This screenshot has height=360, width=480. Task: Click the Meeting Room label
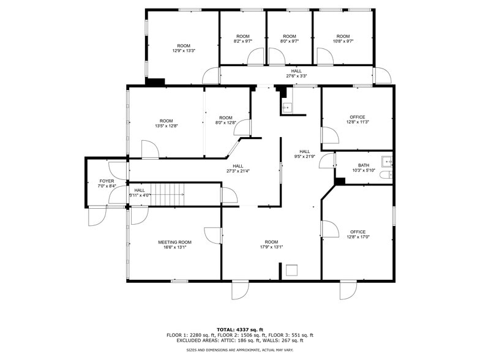point(174,242)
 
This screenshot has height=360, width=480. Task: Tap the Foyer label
point(107,181)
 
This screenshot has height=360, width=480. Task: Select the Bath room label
point(364,165)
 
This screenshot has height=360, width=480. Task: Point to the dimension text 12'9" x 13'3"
point(184,51)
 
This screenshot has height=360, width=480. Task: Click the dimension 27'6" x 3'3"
point(296,76)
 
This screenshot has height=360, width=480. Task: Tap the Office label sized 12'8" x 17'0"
point(358,232)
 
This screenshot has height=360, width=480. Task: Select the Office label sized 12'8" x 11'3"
point(358,117)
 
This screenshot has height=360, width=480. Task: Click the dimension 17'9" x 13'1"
point(272,247)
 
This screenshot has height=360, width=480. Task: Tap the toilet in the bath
point(385,175)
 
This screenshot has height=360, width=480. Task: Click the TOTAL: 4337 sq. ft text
point(239,329)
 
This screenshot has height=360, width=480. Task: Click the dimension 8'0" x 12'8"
point(226,123)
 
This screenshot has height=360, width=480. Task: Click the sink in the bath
point(386,162)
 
